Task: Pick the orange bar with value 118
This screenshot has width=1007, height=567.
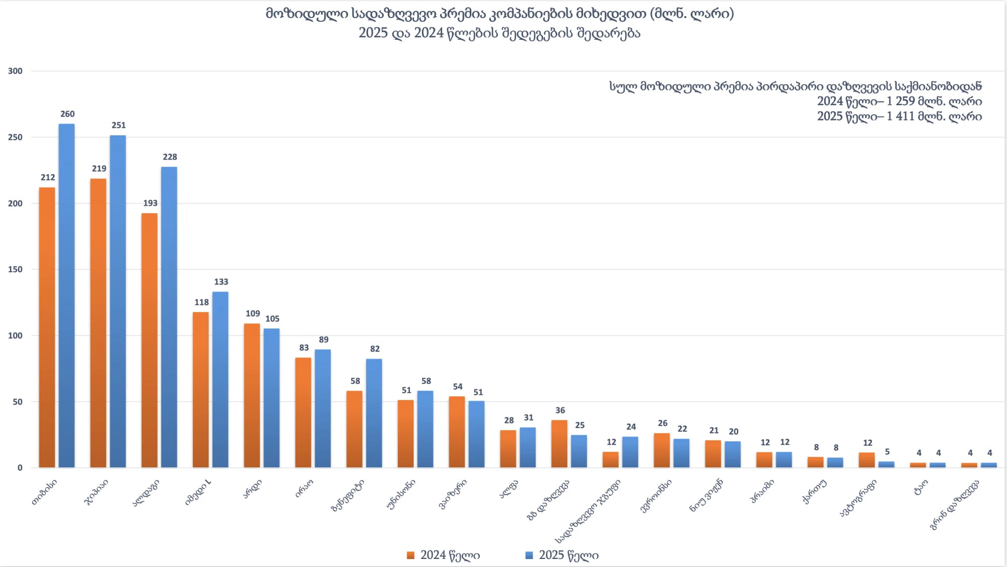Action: [200, 390]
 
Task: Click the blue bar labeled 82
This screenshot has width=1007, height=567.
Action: [374, 413]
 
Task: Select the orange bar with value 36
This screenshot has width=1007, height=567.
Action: [559, 444]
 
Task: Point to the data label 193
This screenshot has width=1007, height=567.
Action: [150, 203]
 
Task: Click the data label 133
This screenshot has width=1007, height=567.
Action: [221, 282]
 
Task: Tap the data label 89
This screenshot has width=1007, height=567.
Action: [324, 340]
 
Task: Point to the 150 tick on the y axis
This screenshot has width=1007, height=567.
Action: [16, 270]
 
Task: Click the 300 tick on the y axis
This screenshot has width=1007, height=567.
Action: [16, 71]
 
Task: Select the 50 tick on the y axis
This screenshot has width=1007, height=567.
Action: [18, 402]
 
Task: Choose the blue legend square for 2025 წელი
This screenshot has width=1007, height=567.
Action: [529, 555]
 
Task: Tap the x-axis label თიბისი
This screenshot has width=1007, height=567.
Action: [45, 492]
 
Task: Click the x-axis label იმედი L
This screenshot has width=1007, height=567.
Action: [198, 492]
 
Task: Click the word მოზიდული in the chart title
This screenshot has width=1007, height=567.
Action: [307, 14]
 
